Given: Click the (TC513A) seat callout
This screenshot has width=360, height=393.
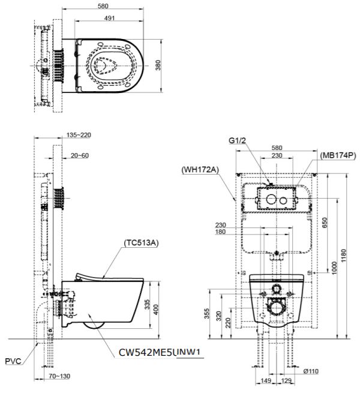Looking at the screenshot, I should click(140, 242).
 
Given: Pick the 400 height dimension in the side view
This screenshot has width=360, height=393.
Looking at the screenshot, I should click(156, 308).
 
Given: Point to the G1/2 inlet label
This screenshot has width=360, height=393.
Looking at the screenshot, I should click(238, 142).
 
